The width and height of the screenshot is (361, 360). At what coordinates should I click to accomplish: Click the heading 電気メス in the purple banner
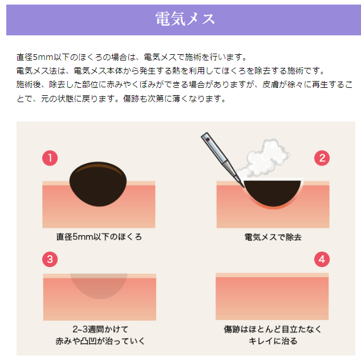click(185, 19)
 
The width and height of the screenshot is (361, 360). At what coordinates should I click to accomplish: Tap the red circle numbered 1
click(50, 158)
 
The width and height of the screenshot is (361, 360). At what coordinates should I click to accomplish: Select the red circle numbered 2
click(322, 158)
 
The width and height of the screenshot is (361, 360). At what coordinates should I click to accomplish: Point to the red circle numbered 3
click(50, 260)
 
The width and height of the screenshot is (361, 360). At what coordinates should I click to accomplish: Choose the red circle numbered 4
click(322, 260)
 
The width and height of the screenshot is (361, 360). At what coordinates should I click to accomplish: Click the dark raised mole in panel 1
click(98, 184)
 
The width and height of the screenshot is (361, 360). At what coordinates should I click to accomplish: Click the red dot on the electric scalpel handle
click(208, 140)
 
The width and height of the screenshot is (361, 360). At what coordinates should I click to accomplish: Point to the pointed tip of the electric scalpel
click(244, 187)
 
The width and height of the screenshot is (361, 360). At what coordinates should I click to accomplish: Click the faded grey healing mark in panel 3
click(99, 285)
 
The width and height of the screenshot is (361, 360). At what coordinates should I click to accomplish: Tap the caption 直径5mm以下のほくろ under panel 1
click(99, 237)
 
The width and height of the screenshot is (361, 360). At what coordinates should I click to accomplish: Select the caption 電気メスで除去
click(273, 237)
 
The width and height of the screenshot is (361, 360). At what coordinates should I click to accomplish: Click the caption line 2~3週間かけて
click(100, 329)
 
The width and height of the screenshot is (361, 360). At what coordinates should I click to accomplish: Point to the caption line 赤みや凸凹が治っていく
click(100, 341)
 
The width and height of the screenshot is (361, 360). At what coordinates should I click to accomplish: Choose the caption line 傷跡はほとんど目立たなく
click(273, 329)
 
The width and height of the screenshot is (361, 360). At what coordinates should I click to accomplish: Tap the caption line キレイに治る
click(273, 341)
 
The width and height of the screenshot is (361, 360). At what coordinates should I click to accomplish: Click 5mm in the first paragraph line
click(43, 57)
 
